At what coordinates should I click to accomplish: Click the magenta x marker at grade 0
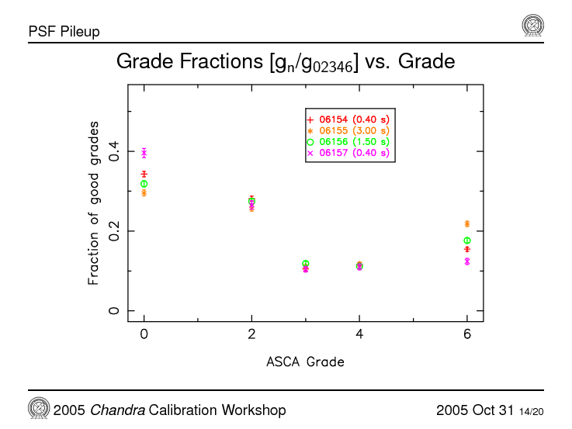(x=144, y=153)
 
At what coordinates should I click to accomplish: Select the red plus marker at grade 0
(x=144, y=175)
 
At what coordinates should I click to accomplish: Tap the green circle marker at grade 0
(x=144, y=184)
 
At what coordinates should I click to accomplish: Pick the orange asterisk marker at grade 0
(x=144, y=192)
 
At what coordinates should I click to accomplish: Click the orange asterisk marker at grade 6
(x=466, y=223)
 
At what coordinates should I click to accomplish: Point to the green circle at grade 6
(x=466, y=240)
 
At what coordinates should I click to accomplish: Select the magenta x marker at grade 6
(x=466, y=261)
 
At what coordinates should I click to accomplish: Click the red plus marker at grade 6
(x=466, y=249)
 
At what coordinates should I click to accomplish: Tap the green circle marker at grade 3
(x=306, y=264)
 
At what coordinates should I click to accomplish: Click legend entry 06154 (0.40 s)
(x=349, y=120)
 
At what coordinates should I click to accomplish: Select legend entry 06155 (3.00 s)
(x=349, y=131)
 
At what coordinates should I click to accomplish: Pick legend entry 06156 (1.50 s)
(x=349, y=142)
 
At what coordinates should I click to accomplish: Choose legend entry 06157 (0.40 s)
(x=349, y=153)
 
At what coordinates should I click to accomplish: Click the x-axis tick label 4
(x=359, y=334)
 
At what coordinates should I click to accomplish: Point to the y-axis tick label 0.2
(x=114, y=230)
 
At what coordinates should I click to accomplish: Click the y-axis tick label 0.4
(x=114, y=150)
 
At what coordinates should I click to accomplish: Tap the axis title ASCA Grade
(x=305, y=362)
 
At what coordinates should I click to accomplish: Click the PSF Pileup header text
(x=64, y=32)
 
